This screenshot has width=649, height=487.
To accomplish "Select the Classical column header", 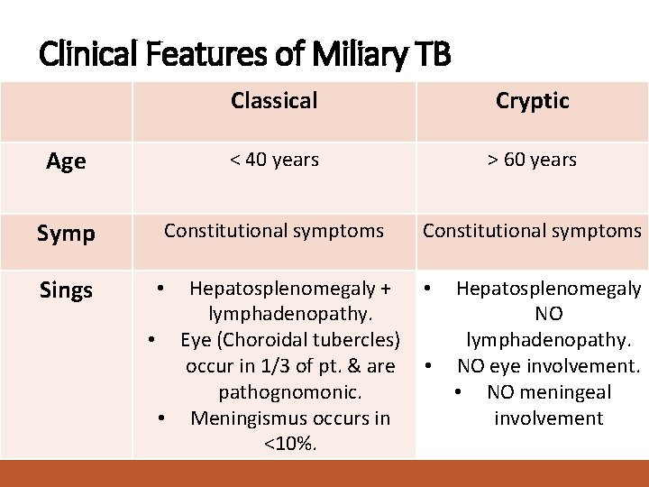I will (x=274, y=101).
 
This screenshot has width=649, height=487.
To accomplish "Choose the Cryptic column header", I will (x=532, y=101).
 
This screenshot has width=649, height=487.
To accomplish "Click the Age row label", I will (x=66, y=161).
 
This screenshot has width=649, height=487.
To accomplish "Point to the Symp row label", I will (x=66, y=234).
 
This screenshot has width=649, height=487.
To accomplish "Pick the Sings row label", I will (x=66, y=290).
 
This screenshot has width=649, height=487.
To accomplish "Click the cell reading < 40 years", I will (x=274, y=160).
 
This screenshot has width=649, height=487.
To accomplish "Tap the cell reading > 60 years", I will (x=532, y=160).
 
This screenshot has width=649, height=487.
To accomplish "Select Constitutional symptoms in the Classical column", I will (x=274, y=231).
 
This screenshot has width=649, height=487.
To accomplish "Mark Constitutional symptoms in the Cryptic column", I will (x=532, y=231).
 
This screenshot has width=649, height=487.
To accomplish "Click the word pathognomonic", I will (x=290, y=392).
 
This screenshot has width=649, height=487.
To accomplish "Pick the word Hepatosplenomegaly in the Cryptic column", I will (x=548, y=289).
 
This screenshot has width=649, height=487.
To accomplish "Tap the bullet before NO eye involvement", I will (x=431, y=366).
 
